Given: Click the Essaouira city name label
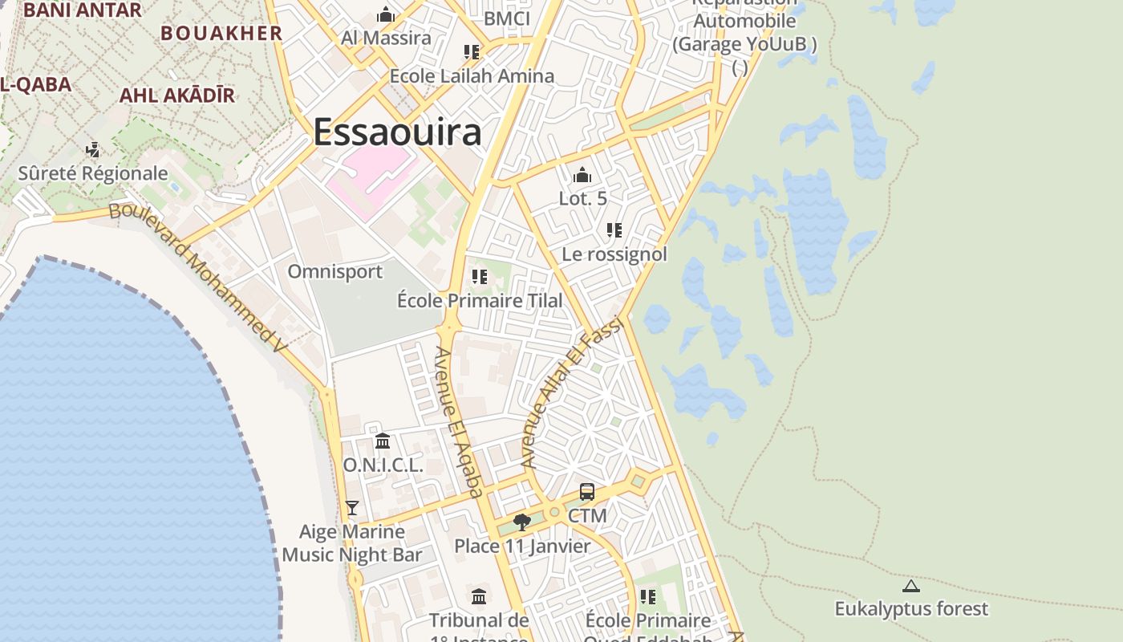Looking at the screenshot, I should [397, 132].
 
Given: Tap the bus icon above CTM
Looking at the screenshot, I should [587, 492].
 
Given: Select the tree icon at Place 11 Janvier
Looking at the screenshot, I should [522, 522].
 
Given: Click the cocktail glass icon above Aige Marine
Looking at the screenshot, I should [351, 507].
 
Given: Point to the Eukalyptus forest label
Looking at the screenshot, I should [911, 609].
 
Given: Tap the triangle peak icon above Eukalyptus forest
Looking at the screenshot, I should [910, 586].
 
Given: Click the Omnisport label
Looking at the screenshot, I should [335, 271].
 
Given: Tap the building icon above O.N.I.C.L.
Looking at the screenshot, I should [383, 441].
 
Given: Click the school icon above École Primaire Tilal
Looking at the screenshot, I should [480, 277].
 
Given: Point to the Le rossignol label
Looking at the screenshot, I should [614, 254].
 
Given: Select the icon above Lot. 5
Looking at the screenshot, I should [582, 175].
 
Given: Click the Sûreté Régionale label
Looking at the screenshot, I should [93, 173].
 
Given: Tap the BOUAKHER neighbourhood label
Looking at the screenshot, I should [221, 33].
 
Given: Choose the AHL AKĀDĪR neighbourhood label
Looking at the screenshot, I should [177, 95].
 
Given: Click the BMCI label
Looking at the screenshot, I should [508, 18].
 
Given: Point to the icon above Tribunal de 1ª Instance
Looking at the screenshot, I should [479, 596].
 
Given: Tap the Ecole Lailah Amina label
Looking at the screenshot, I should [472, 76].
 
